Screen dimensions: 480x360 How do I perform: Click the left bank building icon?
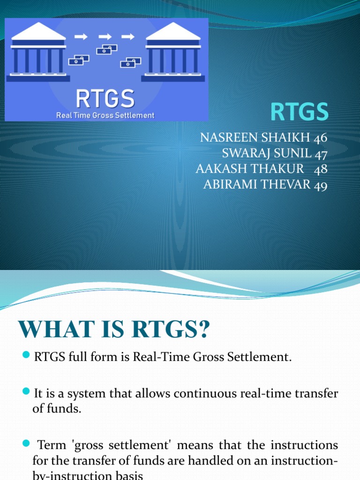point(38,52)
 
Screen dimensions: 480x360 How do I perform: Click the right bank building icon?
point(173,52)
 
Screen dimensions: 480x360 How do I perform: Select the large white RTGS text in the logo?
point(105,99)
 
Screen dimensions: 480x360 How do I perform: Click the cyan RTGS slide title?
point(300,112)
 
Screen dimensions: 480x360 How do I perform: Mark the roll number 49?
point(321,185)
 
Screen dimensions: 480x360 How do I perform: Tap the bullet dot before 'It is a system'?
point(26,393)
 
